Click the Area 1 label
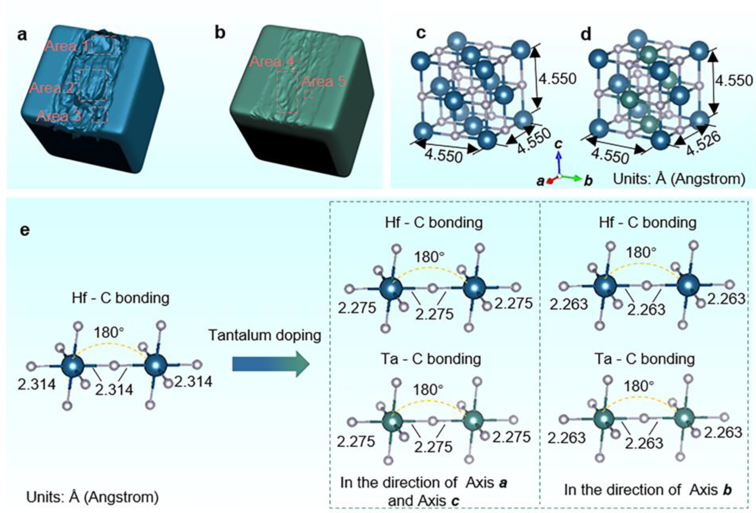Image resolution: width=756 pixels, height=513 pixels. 67,46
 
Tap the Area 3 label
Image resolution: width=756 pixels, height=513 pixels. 59,116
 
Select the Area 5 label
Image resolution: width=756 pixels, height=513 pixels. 324,81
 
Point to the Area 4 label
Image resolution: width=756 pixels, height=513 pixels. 272,61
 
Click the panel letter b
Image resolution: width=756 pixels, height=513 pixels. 220,33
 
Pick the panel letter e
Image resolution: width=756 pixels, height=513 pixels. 25,230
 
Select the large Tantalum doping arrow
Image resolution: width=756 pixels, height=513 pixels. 270,364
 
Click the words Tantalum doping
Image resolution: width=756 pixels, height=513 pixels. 265,335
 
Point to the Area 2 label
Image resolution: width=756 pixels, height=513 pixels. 51,88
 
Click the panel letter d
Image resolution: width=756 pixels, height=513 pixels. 586,34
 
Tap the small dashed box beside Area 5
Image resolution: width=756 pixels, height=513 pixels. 308,94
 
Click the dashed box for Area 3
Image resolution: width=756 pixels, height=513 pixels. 100,115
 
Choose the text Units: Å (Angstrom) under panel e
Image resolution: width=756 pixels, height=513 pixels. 93,497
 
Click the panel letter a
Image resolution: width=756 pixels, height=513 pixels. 22,34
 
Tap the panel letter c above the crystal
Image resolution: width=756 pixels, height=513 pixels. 421,33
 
